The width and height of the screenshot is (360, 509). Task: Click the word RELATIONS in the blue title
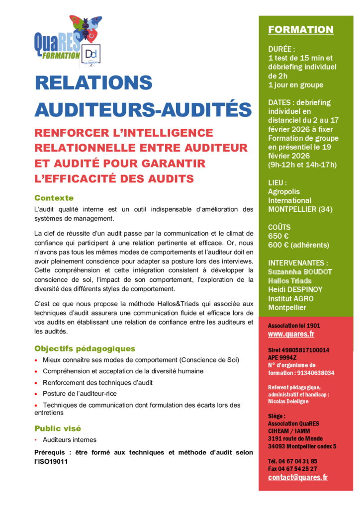click(93, 83)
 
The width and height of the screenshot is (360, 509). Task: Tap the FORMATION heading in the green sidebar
click(301, 30)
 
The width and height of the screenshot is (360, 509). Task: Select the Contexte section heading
click(54, 198)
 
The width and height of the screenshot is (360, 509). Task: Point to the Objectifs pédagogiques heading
click(85, 348)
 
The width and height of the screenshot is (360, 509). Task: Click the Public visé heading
click(58, 428)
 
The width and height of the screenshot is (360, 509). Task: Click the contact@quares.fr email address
click(298, 477)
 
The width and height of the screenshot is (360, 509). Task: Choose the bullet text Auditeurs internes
click(70, 440)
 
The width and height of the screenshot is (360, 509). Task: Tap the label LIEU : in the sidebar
click(277, 182)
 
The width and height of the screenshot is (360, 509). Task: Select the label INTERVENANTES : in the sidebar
click(298, 263)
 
